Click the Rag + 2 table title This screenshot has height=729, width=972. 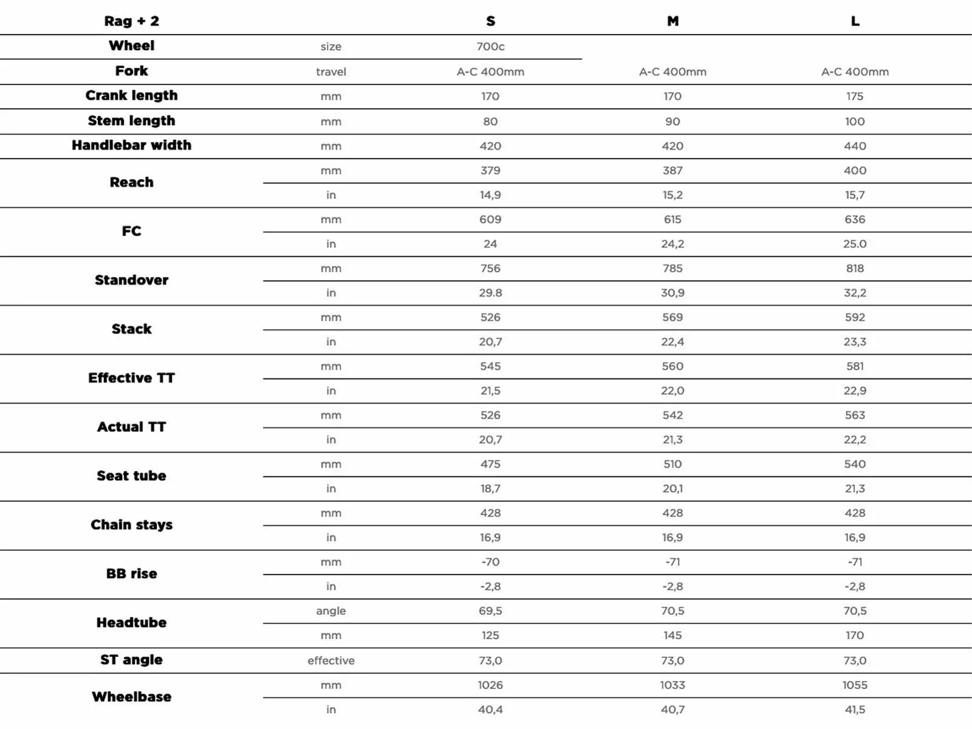point(131,21)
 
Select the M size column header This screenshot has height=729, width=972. point(673,21)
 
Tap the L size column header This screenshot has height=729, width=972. point(855,21)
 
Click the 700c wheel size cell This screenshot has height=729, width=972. point(490,46)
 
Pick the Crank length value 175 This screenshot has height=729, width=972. point(855,96)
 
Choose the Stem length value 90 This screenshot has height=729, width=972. point(673,122)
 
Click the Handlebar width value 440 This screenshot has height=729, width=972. point(855,146)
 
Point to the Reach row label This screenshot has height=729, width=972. point(131,182)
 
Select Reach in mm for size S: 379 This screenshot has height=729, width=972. point(490,171)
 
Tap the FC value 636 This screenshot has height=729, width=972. point(855,219)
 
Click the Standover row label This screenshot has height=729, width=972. point(131,280)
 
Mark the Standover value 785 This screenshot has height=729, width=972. point(673,269)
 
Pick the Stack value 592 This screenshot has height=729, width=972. point(855,317)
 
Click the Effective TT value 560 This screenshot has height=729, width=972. point(673,366)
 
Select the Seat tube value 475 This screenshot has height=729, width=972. point(490,464)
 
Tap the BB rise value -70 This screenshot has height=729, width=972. point(490,562)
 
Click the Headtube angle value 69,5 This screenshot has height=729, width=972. point(490,611)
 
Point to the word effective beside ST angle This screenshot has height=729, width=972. point(330,660)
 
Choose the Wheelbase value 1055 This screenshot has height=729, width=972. point(855,685)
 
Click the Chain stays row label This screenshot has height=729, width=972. point(131,525)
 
